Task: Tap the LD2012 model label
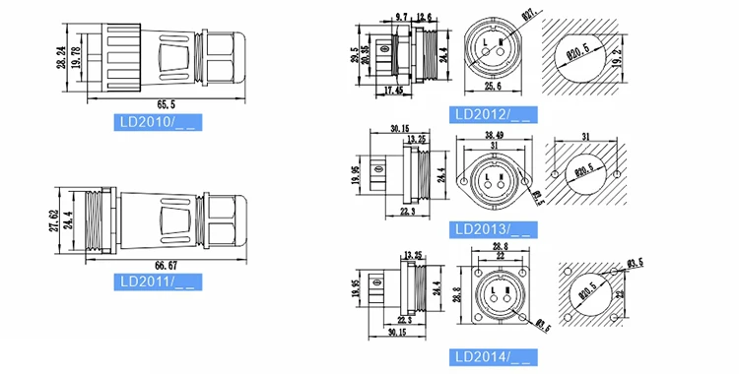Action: pyautogui.click(x=493, y=114)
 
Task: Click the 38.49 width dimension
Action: pyautogui.click(x=493, y=134)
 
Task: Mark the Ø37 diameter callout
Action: pyautogui.click(x=528, y=15)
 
